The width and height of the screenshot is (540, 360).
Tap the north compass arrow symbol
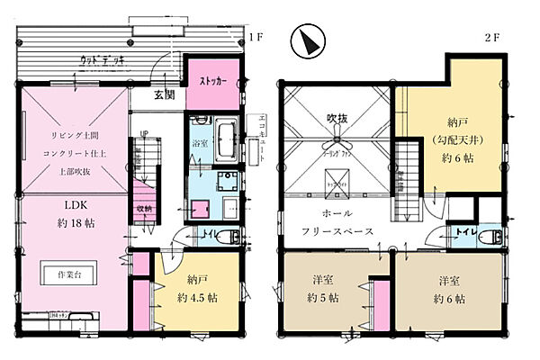click(x=307, y=40)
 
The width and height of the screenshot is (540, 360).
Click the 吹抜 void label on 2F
click(x=337, y=118)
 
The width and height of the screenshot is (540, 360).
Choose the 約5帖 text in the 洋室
click(x=322, y=298)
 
